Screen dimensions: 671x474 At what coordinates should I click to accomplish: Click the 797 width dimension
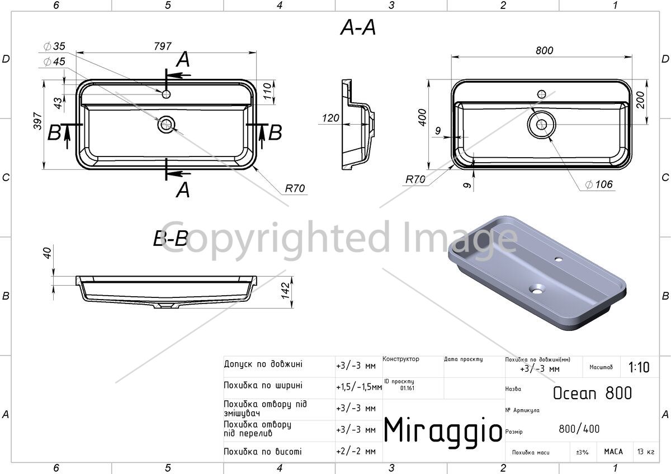(x=163, y=46)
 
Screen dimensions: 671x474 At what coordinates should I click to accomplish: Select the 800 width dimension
(x=544, y=51)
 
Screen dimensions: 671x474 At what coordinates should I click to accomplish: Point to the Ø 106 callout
(x=599, y=184)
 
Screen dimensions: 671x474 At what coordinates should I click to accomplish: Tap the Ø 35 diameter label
(x=54, y=46)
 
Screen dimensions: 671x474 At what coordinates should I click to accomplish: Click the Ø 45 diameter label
(x=54, y=61)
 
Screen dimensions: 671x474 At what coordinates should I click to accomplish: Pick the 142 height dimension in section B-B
(x=286, y=290)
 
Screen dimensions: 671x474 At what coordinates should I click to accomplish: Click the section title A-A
(x=358, y=27)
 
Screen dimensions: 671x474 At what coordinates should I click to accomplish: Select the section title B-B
(x=171, y=239)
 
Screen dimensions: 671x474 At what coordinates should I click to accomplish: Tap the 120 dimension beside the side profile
(x=330, y=118)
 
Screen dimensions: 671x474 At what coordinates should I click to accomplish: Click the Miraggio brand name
(x=443, y=430)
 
